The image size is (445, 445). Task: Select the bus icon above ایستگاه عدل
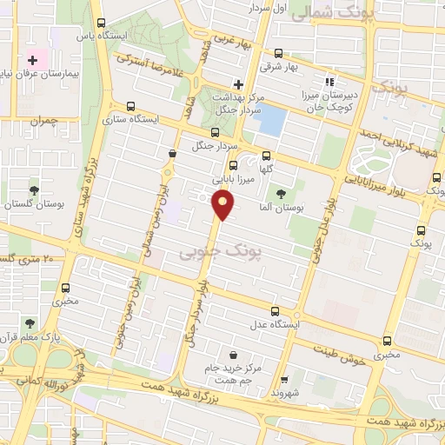(275, 311)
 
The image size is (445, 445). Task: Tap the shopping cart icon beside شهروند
(285, 379)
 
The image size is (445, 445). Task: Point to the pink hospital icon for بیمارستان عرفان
(33, 61)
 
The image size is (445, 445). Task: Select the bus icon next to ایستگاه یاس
(103, 23)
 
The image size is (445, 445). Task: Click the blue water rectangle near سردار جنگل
(272, 120)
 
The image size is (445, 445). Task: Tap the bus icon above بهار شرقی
(279, 52)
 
